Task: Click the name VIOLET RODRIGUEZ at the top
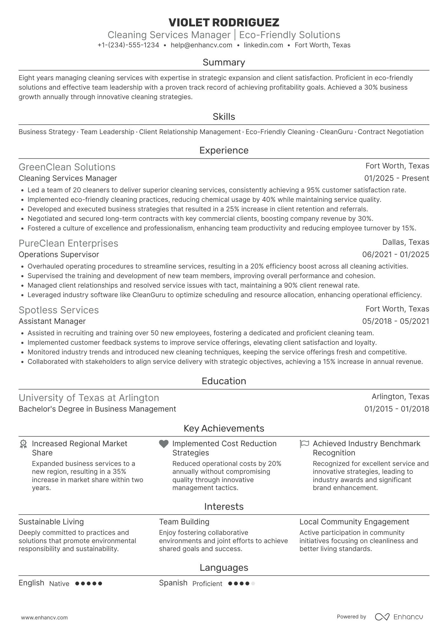click(224, 23)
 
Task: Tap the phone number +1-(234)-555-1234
click(128, 45)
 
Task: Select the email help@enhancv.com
click(201, 45)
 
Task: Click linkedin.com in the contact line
click(263, 45)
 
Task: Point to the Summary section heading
click(224, 62)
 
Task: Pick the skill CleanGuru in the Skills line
click(336, 132)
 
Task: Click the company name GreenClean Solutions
click(67, 167)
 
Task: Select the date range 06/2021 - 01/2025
click(396, 255)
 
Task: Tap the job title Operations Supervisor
click(59, 255)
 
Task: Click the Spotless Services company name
click(59, 310)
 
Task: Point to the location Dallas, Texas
click(405, 242)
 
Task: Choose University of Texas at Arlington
click(89, 398)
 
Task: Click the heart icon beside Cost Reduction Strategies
click(164, 444)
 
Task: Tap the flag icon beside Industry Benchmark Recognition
click(304, 444)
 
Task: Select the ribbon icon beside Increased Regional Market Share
click(23, 444)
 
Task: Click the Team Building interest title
click(184, 522)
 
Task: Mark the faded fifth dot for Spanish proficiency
click(253, 583)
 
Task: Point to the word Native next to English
click(59, 584)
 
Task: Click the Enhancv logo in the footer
click(399, 617)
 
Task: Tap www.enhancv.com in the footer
click(44, 617)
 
